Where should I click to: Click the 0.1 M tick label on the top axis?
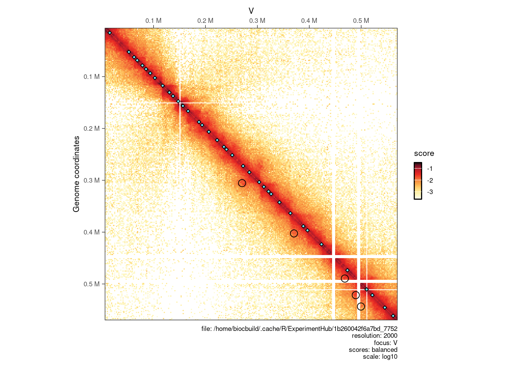153,21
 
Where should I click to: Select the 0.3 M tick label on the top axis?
257,21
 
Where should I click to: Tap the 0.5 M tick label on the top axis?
361,21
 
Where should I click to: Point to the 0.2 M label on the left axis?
92,128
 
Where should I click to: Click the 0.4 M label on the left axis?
92,232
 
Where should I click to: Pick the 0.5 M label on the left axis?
92,284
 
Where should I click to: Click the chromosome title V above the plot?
251,11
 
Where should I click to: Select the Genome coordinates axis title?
76,174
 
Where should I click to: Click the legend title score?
424,153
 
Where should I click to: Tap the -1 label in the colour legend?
430,169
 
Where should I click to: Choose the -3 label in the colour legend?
430,192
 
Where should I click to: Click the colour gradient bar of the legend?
418,181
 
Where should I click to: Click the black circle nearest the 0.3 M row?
242,183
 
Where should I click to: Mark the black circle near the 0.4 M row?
294,233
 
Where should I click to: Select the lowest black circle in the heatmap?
361,307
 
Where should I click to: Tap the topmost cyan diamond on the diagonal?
110,33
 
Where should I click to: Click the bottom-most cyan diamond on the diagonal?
393,316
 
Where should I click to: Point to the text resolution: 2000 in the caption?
374,336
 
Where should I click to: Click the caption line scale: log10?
380,357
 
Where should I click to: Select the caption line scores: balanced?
373,350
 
